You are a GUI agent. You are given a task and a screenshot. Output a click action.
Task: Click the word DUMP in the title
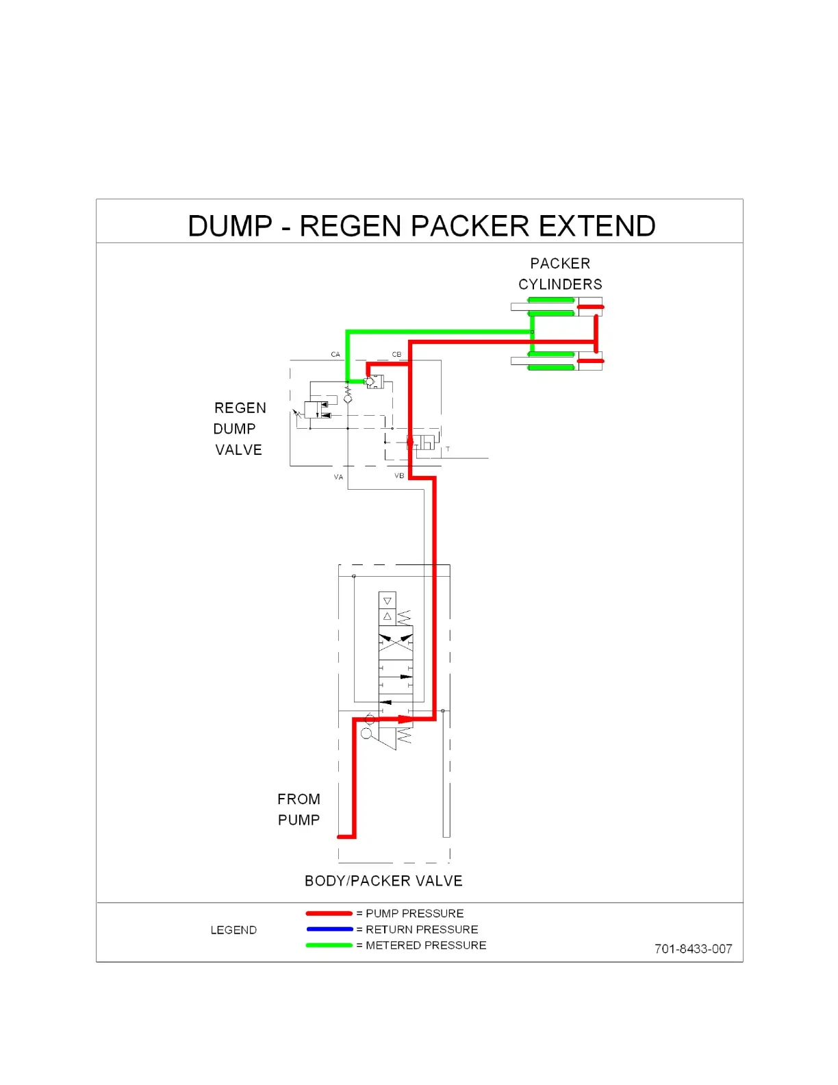(230, 226)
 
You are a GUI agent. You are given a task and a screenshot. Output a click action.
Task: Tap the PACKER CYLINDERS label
(560, 274)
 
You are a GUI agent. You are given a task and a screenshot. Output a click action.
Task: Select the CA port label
(335, 354)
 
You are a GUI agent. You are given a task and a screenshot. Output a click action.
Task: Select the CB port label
(396, 354)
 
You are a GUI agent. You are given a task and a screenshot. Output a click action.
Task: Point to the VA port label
(338, 477)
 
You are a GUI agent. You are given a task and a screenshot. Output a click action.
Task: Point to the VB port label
(399, 475)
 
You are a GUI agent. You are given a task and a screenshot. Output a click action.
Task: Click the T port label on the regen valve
(448, 449)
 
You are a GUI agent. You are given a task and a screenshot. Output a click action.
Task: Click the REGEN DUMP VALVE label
(239, 429)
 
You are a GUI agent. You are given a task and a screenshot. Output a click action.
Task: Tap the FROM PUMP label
(299, 810)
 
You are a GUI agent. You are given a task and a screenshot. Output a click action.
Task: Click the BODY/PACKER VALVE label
(383, 881)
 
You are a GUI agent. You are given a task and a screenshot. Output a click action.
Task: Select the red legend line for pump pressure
(329, 913)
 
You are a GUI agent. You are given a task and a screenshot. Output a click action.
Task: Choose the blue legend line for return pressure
(329, 929)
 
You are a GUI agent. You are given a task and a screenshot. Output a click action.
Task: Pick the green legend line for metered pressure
(329, 945)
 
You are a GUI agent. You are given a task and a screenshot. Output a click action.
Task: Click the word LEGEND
(233, 930)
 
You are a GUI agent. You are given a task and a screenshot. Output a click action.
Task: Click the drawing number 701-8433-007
(693, 949)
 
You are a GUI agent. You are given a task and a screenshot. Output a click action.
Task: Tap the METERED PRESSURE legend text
(426, 945)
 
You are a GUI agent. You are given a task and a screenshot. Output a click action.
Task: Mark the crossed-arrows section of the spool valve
(396, 643)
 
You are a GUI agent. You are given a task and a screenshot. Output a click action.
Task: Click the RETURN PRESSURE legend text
(422, 930)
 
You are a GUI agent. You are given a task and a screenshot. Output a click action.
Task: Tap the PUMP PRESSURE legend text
(414, 913)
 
